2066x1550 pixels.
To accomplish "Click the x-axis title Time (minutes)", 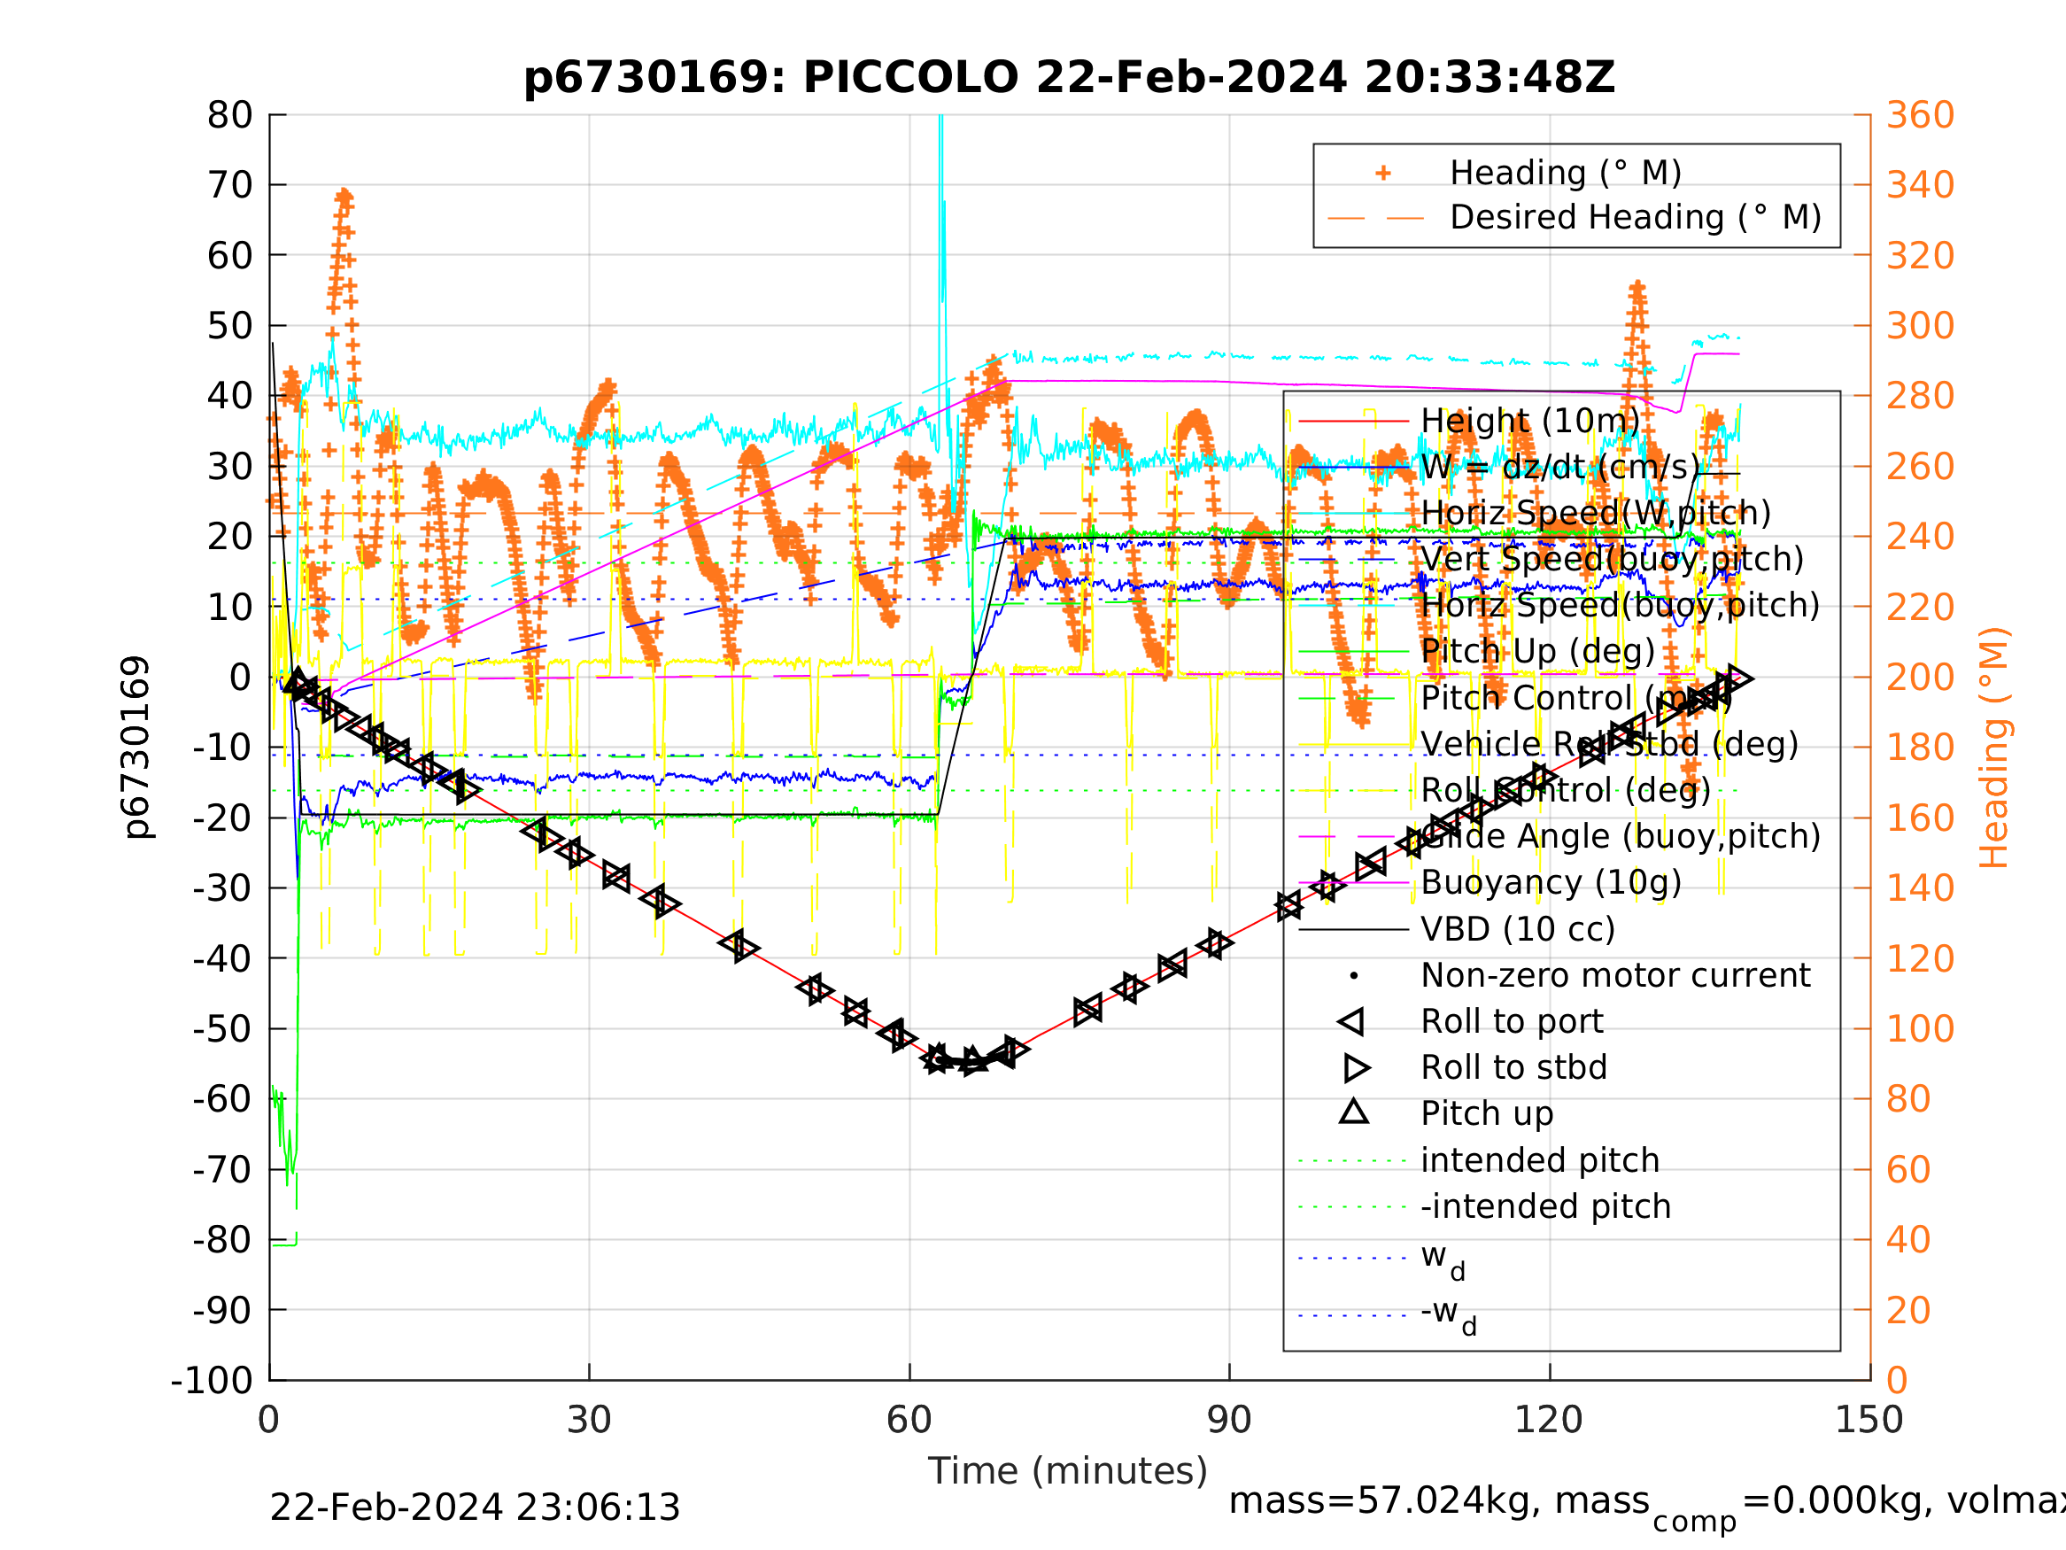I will click(1068, 1471).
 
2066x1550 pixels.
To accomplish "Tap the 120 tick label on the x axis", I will click(1549, 1421).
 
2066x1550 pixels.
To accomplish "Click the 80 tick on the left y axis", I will click(229, 116).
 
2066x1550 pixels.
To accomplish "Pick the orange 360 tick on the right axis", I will click(1920, 116).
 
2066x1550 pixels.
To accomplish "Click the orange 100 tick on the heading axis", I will click(1920, 1028).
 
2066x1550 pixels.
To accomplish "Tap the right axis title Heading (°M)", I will click(1993, 748).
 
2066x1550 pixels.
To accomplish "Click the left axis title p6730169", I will click(136, 748).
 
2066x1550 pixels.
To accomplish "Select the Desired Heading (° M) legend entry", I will click(1635, 218).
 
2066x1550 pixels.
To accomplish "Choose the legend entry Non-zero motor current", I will click(1615, 975).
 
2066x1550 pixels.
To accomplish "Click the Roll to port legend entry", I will click(1512, 1021).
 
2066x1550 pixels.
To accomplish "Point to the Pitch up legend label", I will click(1487, 1113).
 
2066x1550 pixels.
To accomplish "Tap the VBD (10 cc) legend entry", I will click(1518, 930).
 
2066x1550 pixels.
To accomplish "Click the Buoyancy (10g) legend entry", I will click(1551, 883).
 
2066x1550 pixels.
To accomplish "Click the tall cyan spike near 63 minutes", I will click(941, 187).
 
